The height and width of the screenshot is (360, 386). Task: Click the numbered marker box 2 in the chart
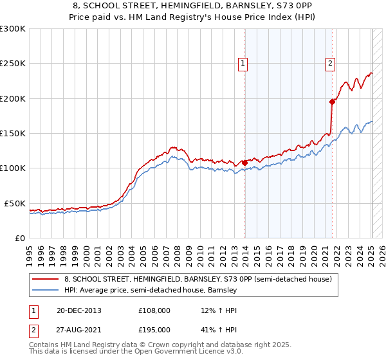[330, 63]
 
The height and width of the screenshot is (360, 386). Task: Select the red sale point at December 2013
[245, 163]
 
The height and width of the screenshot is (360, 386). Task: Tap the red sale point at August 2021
[333, 102]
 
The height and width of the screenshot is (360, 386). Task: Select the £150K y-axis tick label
[14, 133]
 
